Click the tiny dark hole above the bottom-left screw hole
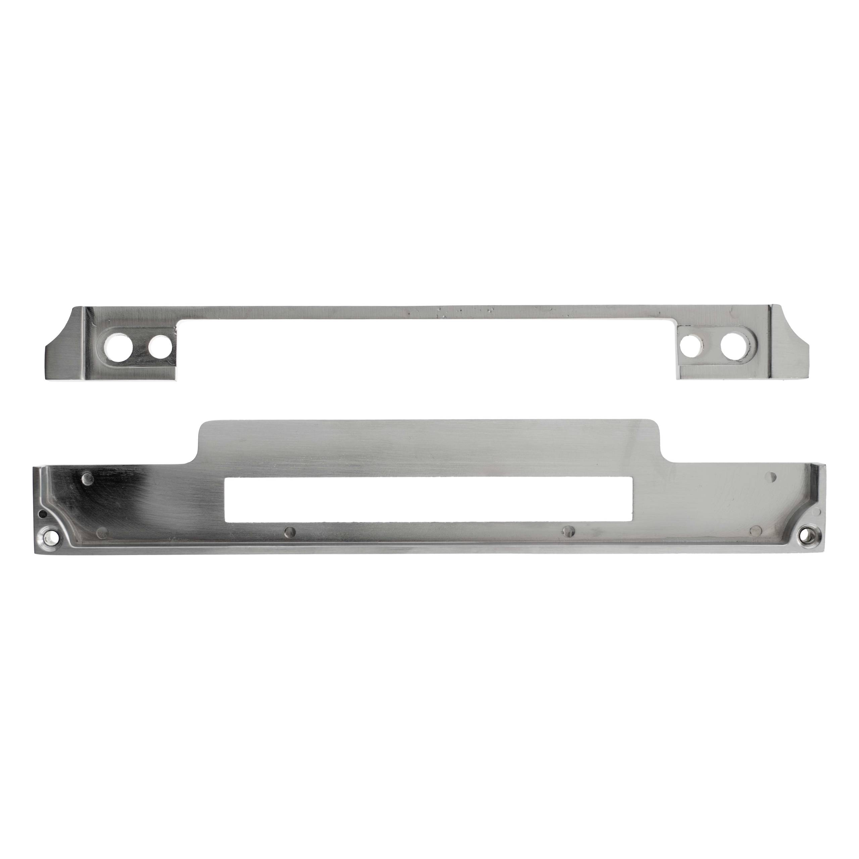click(x=41, y=514)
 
